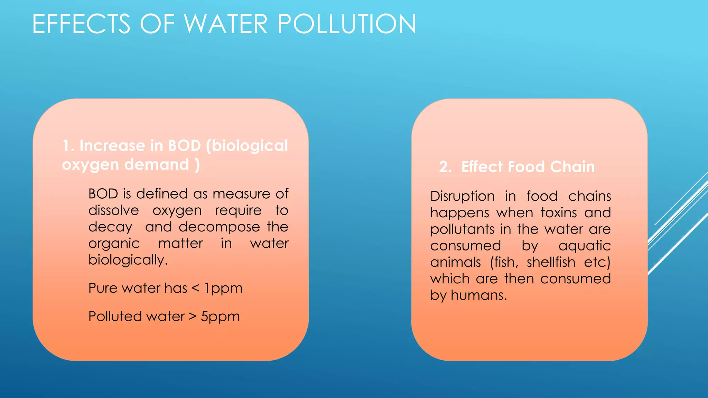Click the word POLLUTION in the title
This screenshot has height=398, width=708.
(346, 24)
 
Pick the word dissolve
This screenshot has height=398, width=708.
(114, 210)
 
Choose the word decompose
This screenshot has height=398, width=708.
(219, 227)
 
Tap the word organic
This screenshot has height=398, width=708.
(114, 244)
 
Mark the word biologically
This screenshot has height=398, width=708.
(128, 260)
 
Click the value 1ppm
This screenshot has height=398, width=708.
(223, 288)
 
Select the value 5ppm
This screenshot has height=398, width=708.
(220, 316)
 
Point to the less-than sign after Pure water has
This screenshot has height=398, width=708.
(195, 288)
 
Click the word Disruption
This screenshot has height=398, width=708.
(463, 196)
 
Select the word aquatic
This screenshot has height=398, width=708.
(585, 246)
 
